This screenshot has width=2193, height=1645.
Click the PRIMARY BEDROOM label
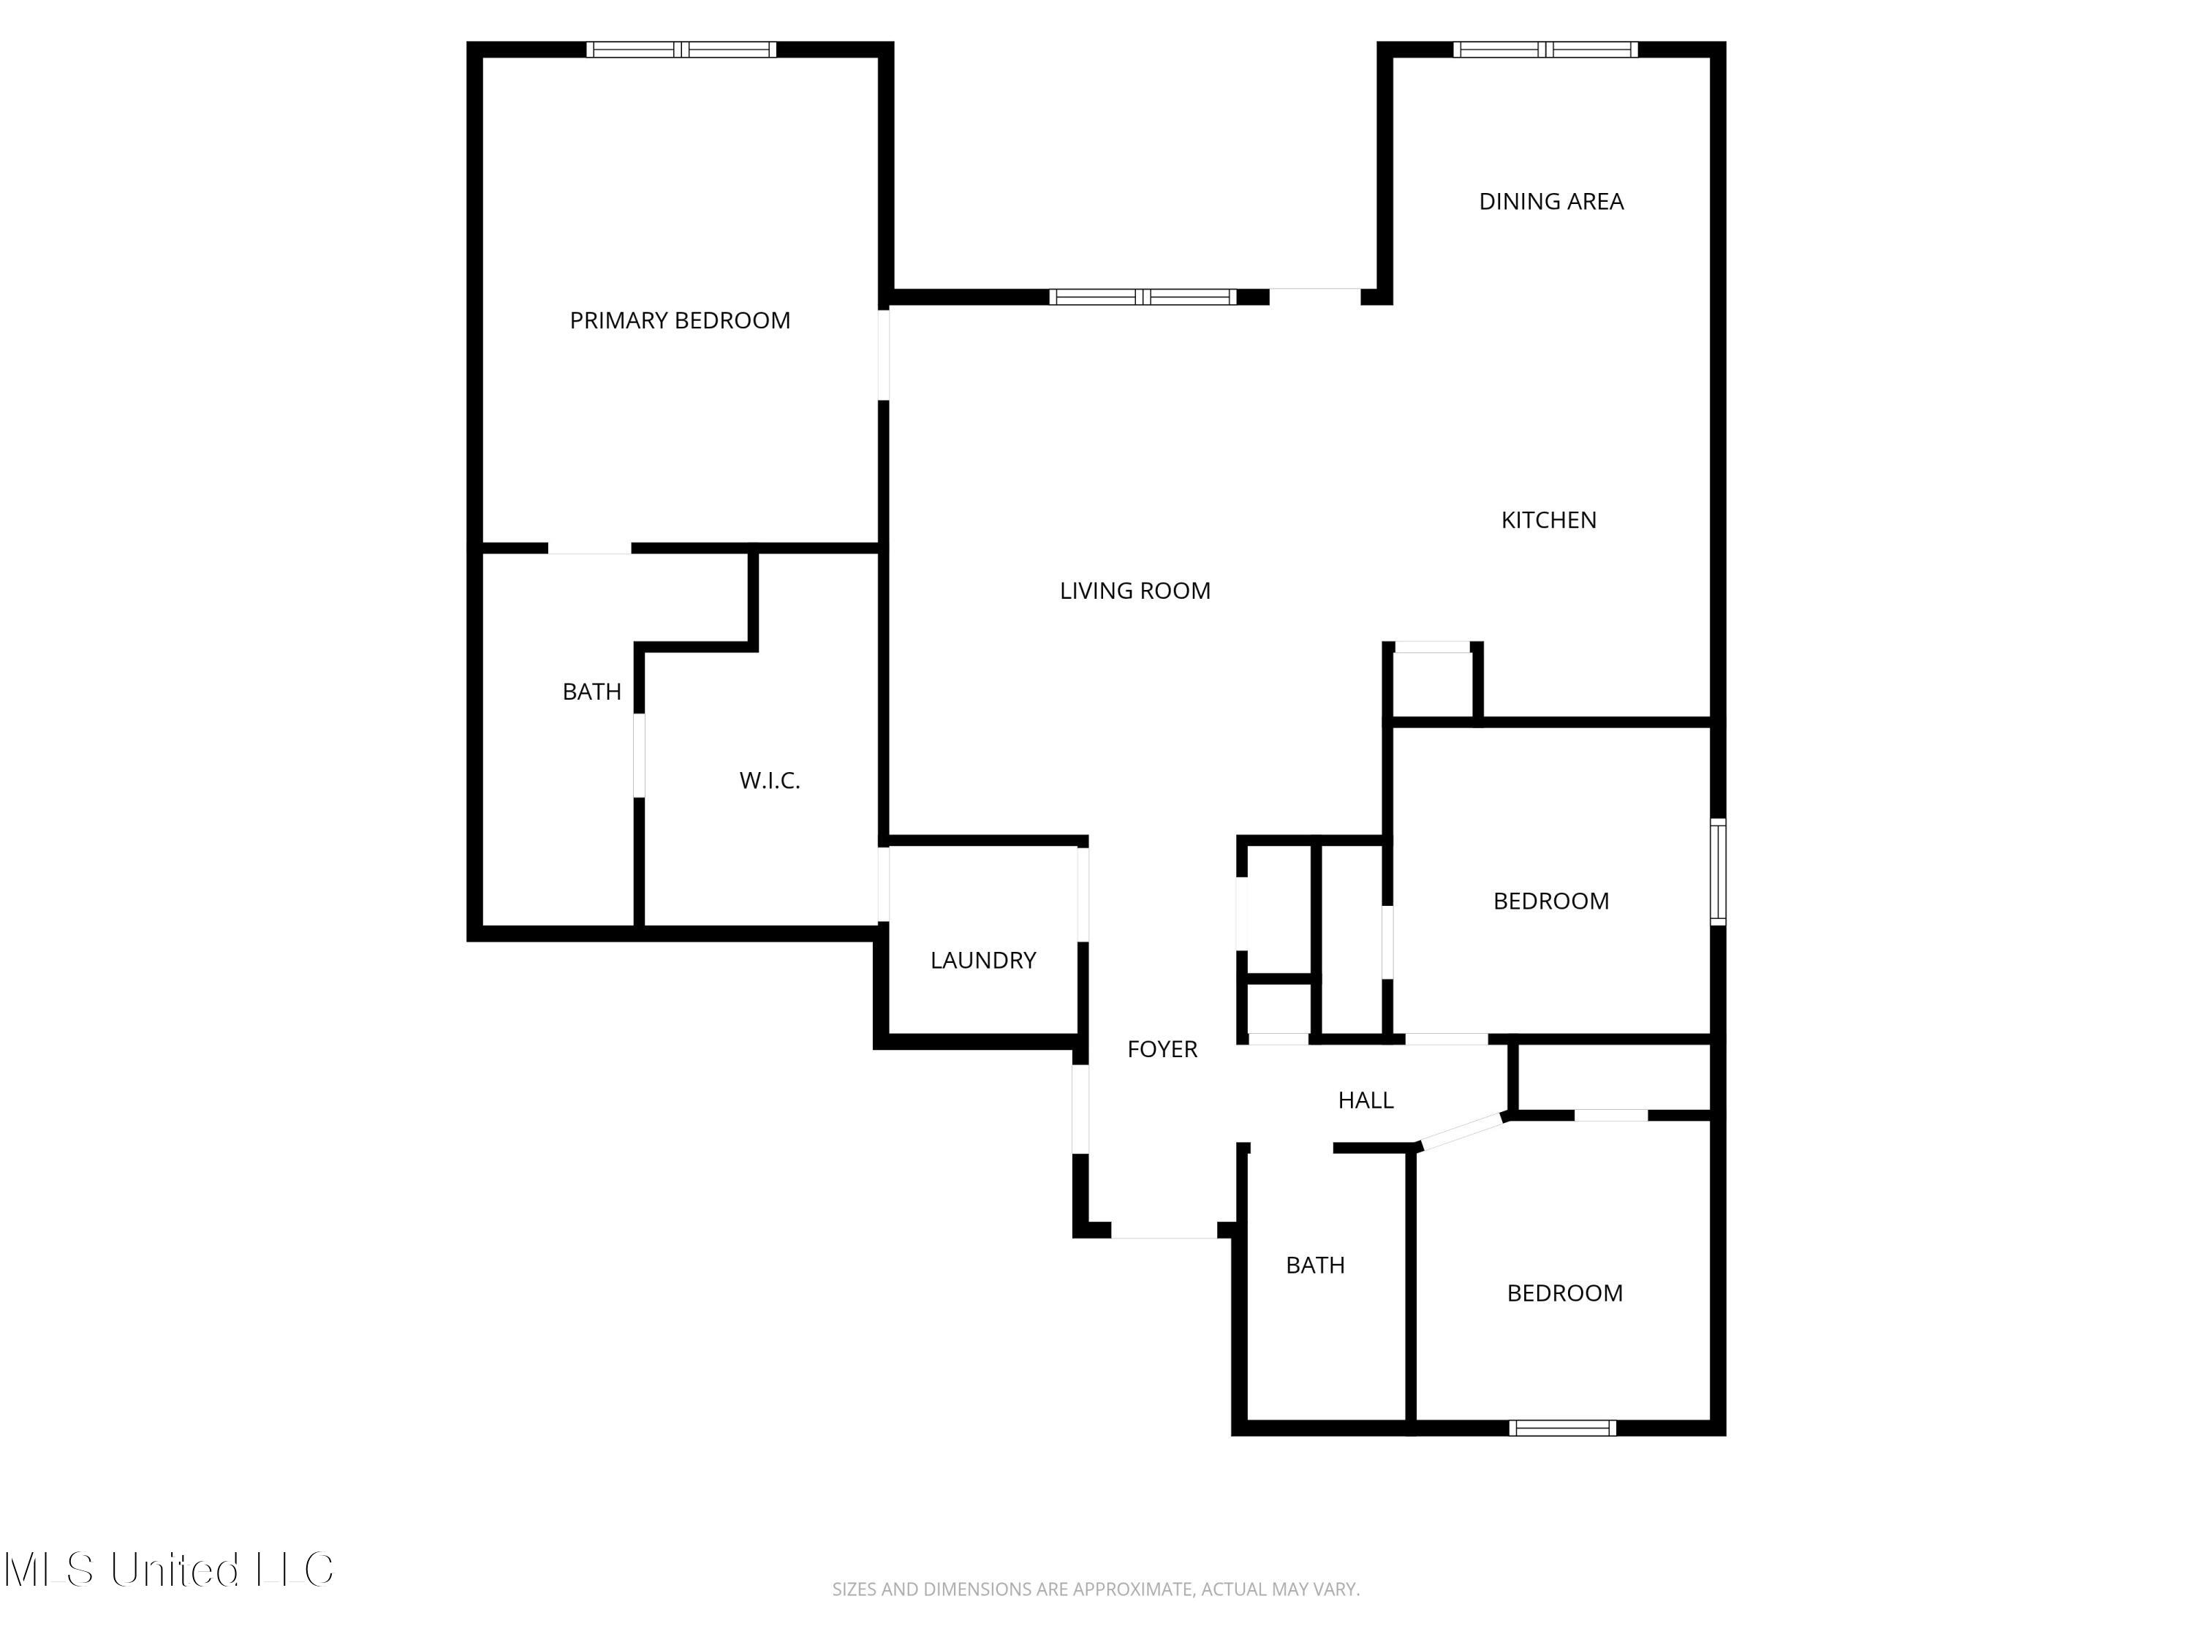pos(680,320)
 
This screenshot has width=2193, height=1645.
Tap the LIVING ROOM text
pos(1135,591)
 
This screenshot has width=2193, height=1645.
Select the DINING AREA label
pos(1552,201)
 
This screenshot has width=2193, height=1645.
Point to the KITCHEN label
pos(1548,520)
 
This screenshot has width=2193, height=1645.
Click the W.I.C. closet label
pos(769,780)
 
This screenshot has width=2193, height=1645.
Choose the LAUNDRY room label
pos(983,960)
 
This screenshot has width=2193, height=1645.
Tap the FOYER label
pos(1162,1049)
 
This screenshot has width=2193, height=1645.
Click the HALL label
pos(1366,1100)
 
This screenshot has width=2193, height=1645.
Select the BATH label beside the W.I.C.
pos(592,691)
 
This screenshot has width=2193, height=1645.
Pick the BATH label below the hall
pos(1316,1266)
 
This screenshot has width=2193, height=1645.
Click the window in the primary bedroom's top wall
pos(681,50)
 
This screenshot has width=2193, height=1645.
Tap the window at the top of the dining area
pos(1545,50)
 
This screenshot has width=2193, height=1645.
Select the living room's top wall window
pos(1143,297)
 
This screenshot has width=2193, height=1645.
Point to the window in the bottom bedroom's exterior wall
pos(1562,1428)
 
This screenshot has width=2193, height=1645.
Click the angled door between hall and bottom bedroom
pos(1462,1131)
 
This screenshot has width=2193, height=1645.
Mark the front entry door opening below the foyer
pos(1164,1230)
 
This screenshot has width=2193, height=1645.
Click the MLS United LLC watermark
pos(170,1570)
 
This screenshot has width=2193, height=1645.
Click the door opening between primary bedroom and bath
pos(590,548)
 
